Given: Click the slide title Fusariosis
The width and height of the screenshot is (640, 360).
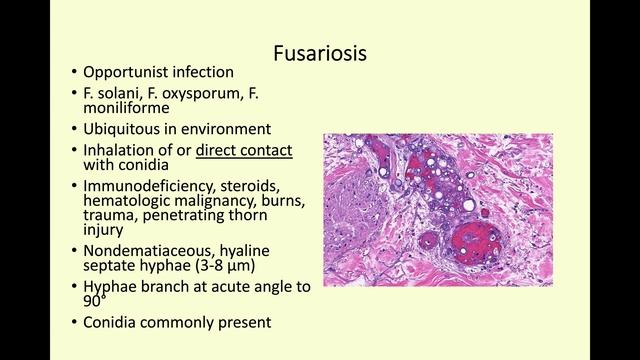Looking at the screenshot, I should click(320, 53).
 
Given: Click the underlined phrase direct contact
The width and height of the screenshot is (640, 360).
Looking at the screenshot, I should click(244, 149).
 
